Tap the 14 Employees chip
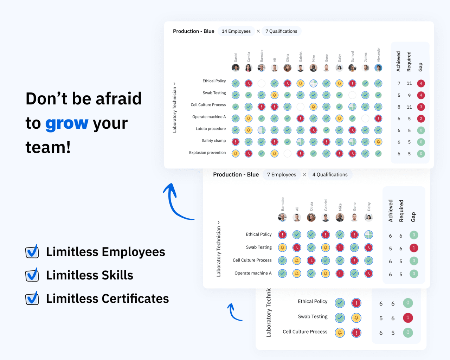pyautogui.click(x=236, y=31)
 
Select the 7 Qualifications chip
pyautogui.click(x=281, y=31)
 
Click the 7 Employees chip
pyautogui.click(x=281, y=175)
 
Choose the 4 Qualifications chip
pyautogui.click(x=330, y=175)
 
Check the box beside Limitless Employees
pyautogui.click(x=32, y=252)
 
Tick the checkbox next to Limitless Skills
pyautogui.click(x=32, y=275)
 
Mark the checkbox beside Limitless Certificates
pyautogui.click(x=32, y=298)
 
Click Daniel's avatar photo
pyautogui.click(x=236, y=68)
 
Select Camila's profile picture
pyautogui.click(x=249, y=68)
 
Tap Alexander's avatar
pyautogui.click(x=378, y=68)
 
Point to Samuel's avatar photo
pyautogui.click(x=352, y=68)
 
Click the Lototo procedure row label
pyautogui.click(x=211, y=129)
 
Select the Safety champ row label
pyautogui.click(x=214, y=141)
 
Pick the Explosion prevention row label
pyautogui.click(x=207, y=153)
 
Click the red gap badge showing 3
pyautogui.click(x=421, y=107)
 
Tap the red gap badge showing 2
pyautogui.click(x=421, y=118)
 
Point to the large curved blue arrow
pyautogui.click(x=176, y=202)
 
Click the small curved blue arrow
pyautogui.click(x=234, y=312)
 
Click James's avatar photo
pyautogui.click(x=366, y=68)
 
